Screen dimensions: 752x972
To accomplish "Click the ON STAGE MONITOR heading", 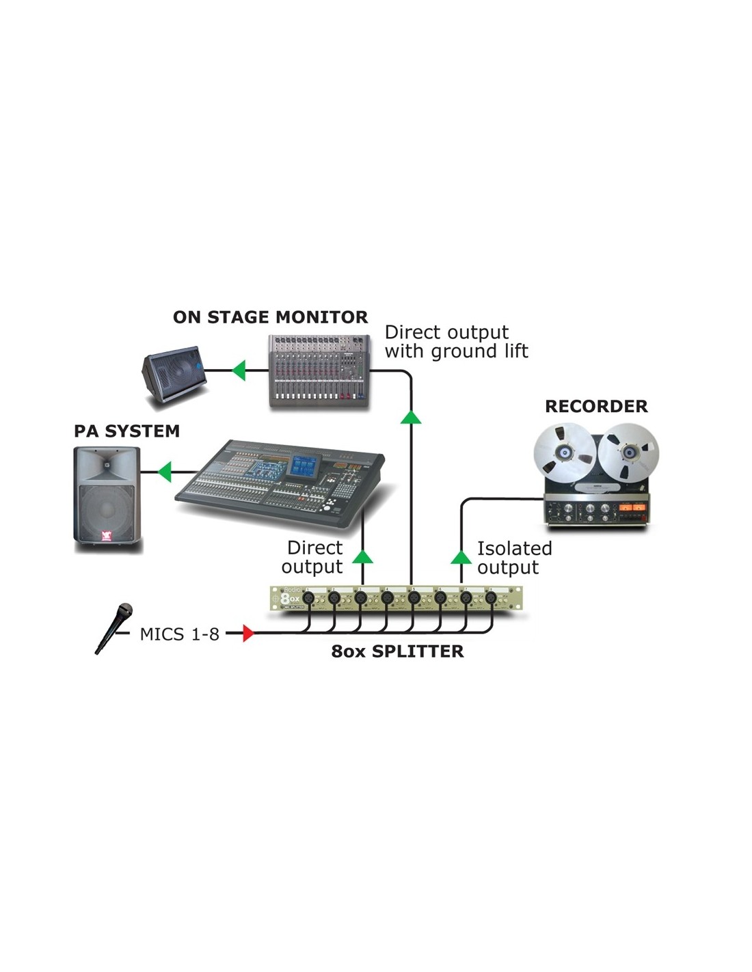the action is [x=270, y=317].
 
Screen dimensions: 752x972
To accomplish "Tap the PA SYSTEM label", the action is [x=126, y=431].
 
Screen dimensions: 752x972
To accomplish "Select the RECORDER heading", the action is [x=596, y=406].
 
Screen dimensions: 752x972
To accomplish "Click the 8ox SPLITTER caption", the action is [x=397, y=651].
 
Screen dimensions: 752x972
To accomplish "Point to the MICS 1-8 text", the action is [x=179, y=634].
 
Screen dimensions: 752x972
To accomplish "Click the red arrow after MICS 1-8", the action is [x=248, y=634].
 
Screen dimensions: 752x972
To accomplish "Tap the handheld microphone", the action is [x=114, y=628].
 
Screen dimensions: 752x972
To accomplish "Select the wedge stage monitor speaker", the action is [x=174, y=375].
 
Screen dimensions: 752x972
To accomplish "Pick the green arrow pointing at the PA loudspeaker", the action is [x=165, y=472].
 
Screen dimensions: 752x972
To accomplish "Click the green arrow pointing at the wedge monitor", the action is [x=239, y=370].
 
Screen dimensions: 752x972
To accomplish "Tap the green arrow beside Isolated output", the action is [x=461, y=557].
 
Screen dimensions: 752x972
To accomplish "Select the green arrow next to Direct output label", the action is [x=362, y=557].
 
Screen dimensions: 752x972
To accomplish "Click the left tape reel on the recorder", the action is [x=565, y=453].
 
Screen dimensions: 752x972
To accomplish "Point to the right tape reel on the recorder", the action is [x=628, y=453].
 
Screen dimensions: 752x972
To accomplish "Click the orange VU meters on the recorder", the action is [x=631, y=507].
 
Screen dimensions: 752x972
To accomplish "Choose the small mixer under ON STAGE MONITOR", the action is [x=319, y=370].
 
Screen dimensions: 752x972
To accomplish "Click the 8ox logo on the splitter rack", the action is [x=289, y=598].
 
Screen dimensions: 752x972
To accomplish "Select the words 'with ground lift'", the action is [x=456, y=351].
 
